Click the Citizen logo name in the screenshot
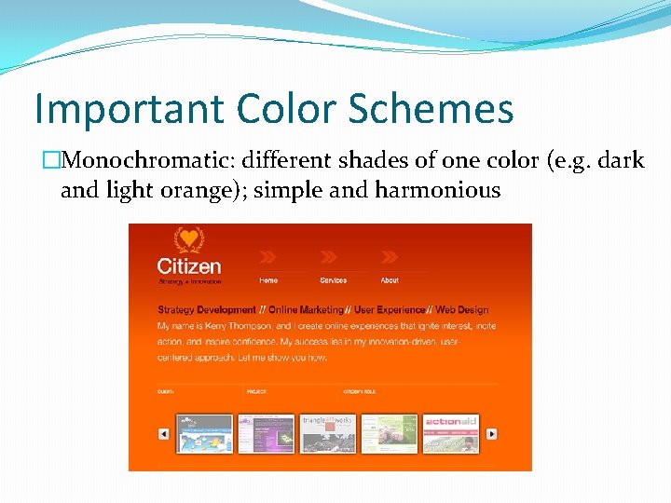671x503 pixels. [189, 265]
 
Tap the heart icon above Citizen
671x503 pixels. [189, 239]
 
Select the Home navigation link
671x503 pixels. [268, 280]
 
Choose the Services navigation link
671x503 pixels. [333, 280]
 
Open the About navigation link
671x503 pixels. [390, 280]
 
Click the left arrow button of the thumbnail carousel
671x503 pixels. [163, 433]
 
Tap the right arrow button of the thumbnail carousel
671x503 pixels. [491, 433]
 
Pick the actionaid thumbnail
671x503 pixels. [451, 433]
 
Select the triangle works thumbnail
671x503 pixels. [327, 433]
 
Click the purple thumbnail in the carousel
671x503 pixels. [266, 433]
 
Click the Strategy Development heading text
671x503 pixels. [207, 310]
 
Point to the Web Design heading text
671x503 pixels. [461, 310]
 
